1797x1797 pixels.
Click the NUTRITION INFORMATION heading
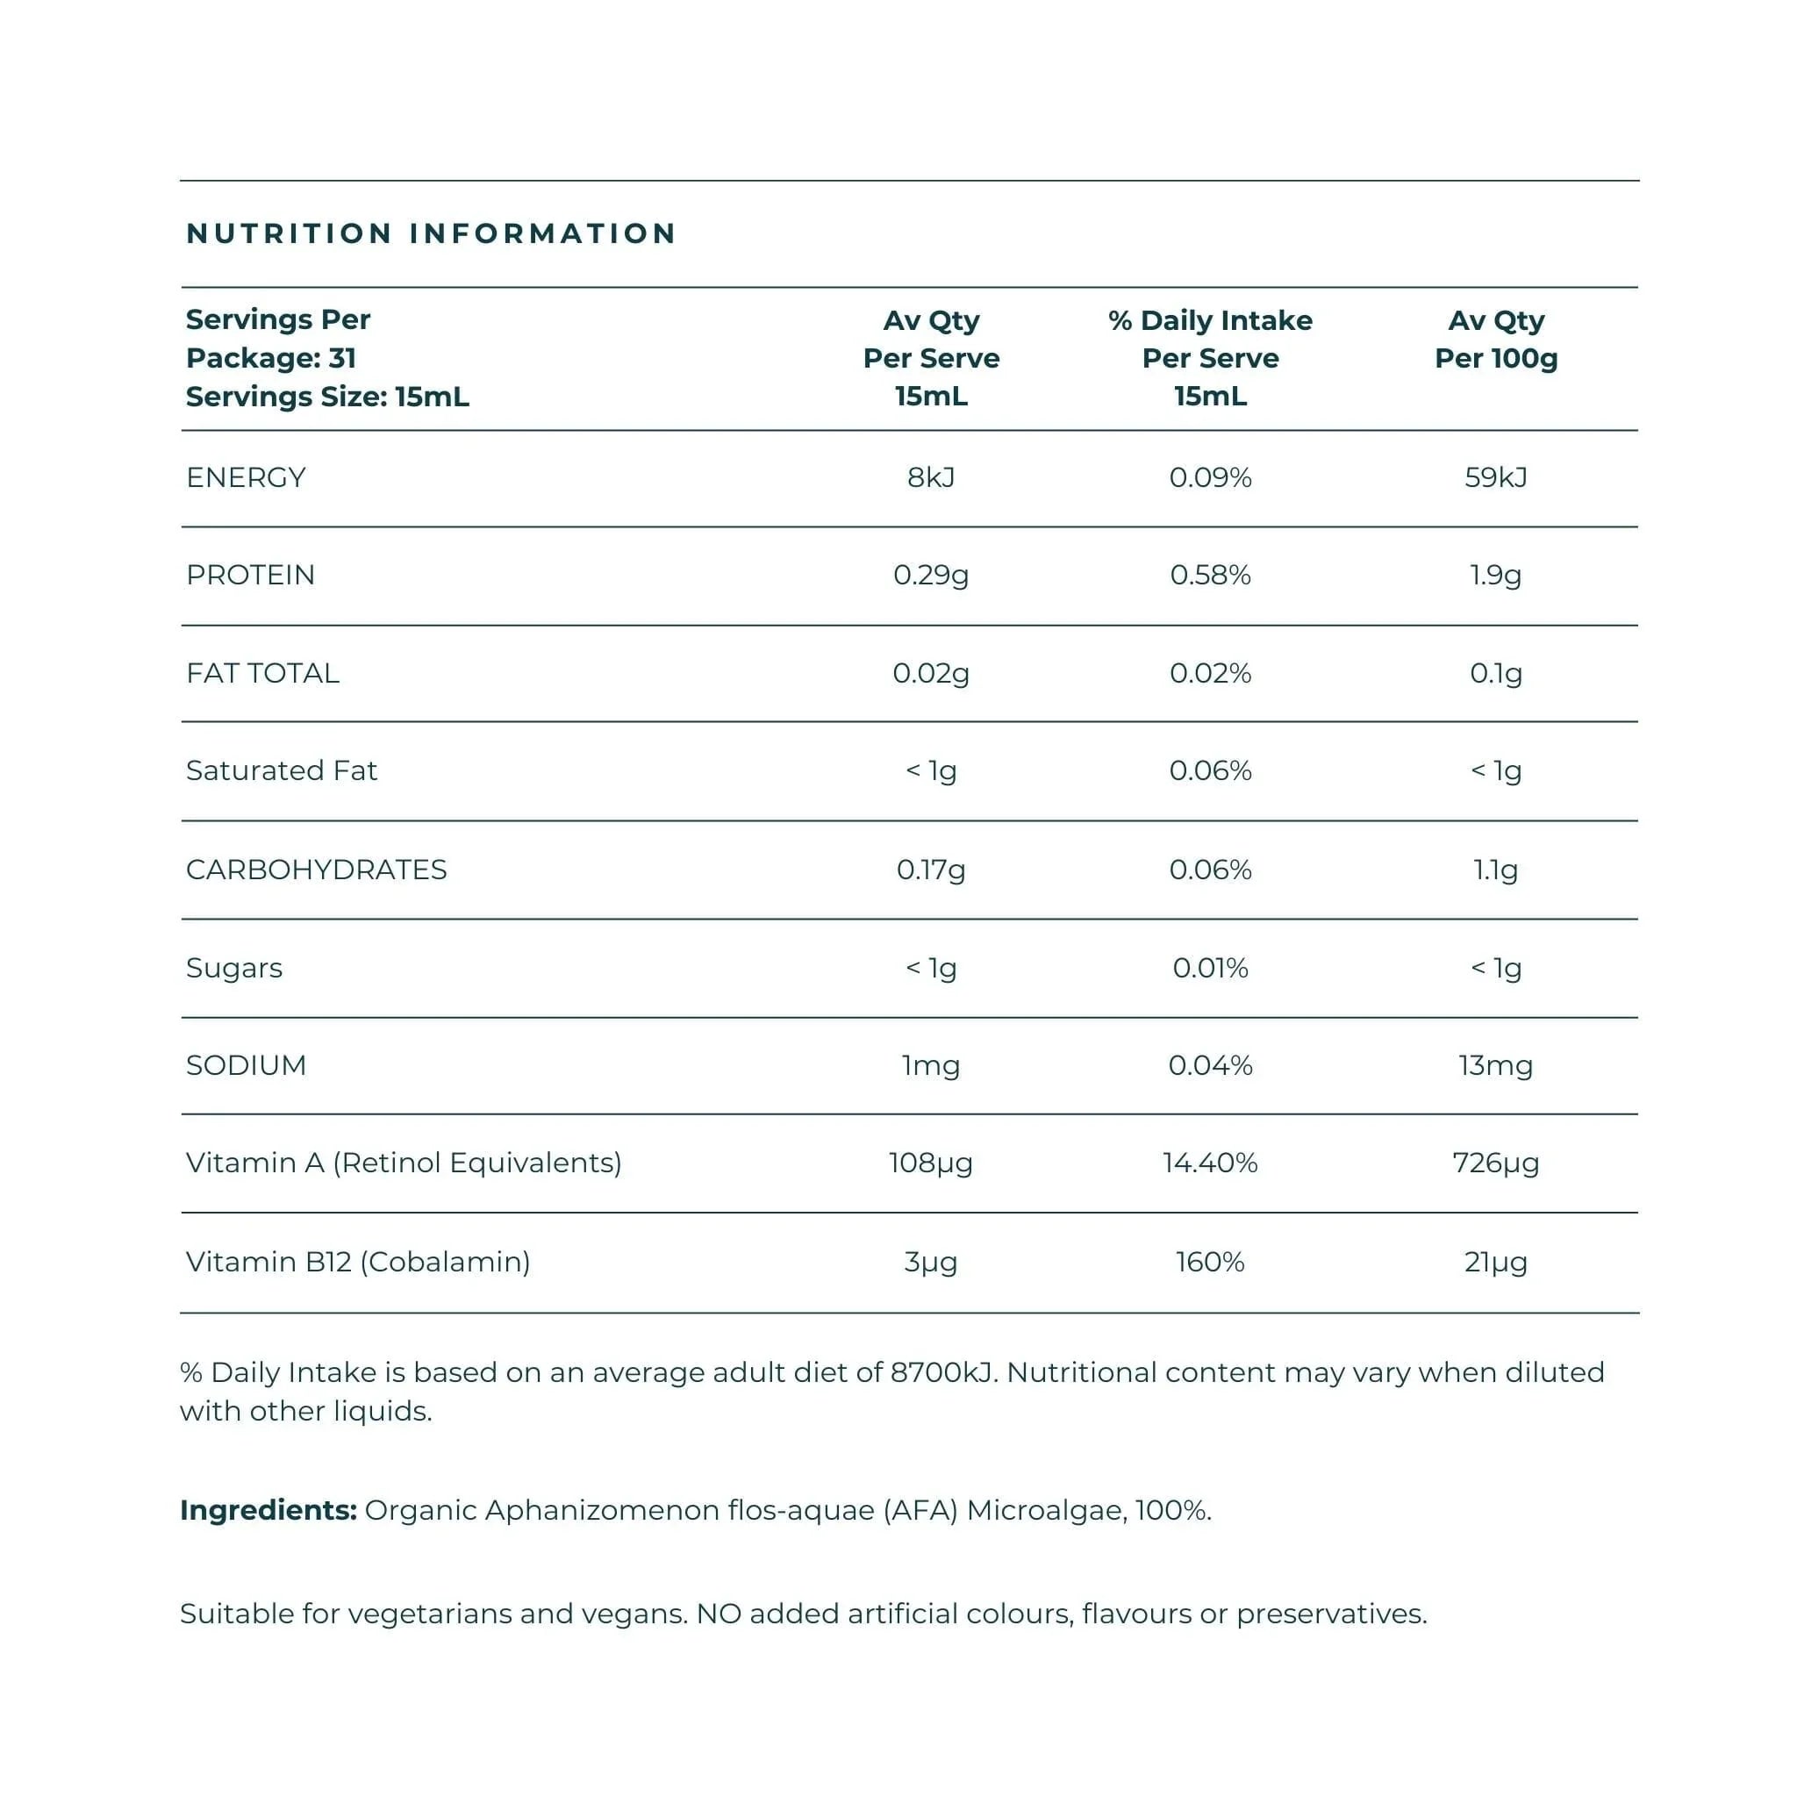431,233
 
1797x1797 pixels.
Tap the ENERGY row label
246,477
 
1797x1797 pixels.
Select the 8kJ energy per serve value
930,477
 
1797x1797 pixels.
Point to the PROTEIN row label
250,575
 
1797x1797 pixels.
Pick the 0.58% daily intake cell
1209,575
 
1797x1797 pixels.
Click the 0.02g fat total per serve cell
930,672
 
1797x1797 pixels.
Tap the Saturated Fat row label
281,770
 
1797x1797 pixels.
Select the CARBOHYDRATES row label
316,870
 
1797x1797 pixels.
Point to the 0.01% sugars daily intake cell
1209,969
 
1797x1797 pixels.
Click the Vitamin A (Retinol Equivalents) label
404,1163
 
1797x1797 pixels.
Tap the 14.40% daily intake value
1209,1163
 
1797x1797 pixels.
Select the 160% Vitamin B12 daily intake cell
1209,1262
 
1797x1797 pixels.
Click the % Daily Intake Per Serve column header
1209,358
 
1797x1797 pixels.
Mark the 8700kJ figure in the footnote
942,1373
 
